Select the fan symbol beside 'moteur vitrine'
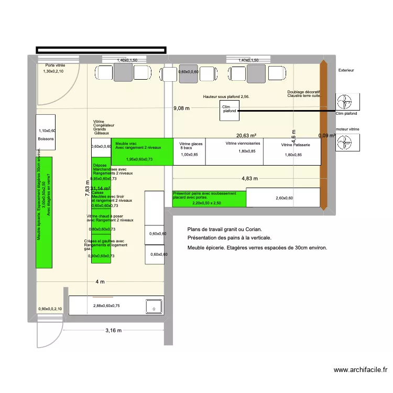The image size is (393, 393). click(346, 141)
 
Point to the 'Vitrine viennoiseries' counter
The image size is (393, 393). click(234, 151)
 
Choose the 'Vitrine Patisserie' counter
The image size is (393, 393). click(291, 151)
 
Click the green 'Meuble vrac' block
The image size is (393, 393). click(141, 152)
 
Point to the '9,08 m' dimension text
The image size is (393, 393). click(181, 108)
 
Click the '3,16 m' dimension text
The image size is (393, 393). click(113, 331)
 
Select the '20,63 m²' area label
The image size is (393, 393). click(245, 135)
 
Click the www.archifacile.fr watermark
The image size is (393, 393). click(360, 370)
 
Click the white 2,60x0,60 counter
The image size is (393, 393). click(283, 198)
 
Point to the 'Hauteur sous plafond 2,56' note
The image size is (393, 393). click(226, 97)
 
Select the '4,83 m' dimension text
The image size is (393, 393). click(250, 178)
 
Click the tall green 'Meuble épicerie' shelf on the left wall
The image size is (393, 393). click(45, 212)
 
